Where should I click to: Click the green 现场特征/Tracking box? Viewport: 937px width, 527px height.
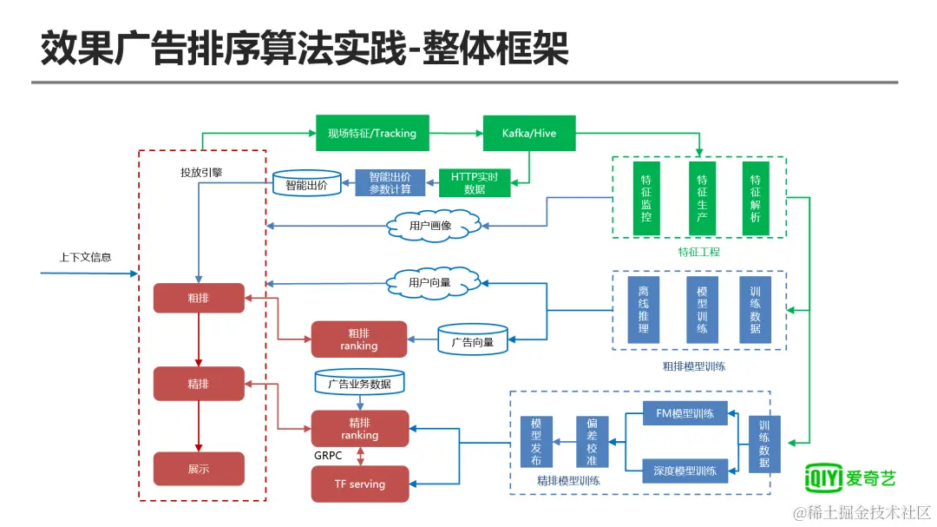(372, 133)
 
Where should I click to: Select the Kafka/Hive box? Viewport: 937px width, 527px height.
(529, 133)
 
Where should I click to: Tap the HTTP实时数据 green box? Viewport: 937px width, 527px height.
(475, 183)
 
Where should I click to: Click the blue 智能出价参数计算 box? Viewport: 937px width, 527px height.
(390, 183)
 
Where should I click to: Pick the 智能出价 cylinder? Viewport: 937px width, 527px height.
(306, 184)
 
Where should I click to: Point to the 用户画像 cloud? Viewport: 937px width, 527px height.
(433, 226)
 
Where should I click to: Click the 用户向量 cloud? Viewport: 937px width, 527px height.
(433, 282)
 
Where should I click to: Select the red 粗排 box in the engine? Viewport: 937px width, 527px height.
(199, 298)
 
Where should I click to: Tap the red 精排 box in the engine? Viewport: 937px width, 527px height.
(199, 384)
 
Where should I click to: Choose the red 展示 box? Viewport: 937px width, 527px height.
(199, 468)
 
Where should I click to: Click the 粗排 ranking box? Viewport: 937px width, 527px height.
(359, 339)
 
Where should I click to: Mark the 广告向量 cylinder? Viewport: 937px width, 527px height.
(473, 340)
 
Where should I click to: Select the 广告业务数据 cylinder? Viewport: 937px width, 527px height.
(360, 382)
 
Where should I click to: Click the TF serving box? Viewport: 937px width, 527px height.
(360, 484)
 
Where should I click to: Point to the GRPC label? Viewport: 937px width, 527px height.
(328, 456)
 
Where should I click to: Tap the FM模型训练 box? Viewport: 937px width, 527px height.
(685, 413)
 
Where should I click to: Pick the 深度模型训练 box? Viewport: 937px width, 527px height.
(685, 471)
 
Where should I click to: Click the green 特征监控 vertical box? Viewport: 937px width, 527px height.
(646, 198)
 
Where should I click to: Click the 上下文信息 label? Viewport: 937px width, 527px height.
(85, 257)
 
